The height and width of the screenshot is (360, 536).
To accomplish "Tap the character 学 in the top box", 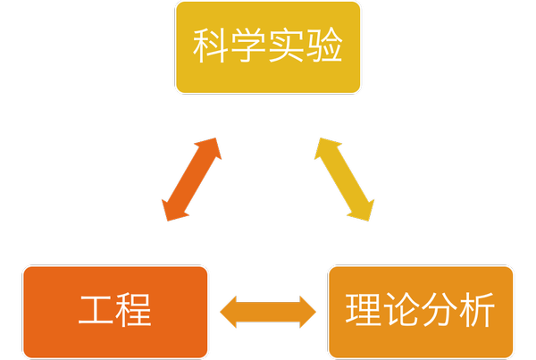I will pyautogui.click(x=249, y=47).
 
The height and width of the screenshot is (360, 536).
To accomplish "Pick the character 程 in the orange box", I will pyautogui.click(x=133, y=312).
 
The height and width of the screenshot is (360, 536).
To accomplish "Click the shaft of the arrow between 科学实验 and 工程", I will pyautogui.click(x=191, y=180).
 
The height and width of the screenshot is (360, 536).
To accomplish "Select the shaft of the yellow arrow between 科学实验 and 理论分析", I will pyautogui.click(x=344, y=180).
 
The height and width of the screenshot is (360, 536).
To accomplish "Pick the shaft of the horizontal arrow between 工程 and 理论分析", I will pyautogui.click(x=268, y=312).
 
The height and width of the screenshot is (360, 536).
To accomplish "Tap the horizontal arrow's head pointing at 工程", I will pyautogui.click(x=230, y=312).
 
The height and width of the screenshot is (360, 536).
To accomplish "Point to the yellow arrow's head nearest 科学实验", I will pyautogui.click(x=322, y=148).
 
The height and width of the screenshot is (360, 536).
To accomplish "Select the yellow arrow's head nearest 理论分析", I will pyautogui.click(x=364, y=211).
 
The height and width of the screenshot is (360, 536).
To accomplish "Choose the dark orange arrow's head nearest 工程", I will pyautogui.click(x=171, y=211).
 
